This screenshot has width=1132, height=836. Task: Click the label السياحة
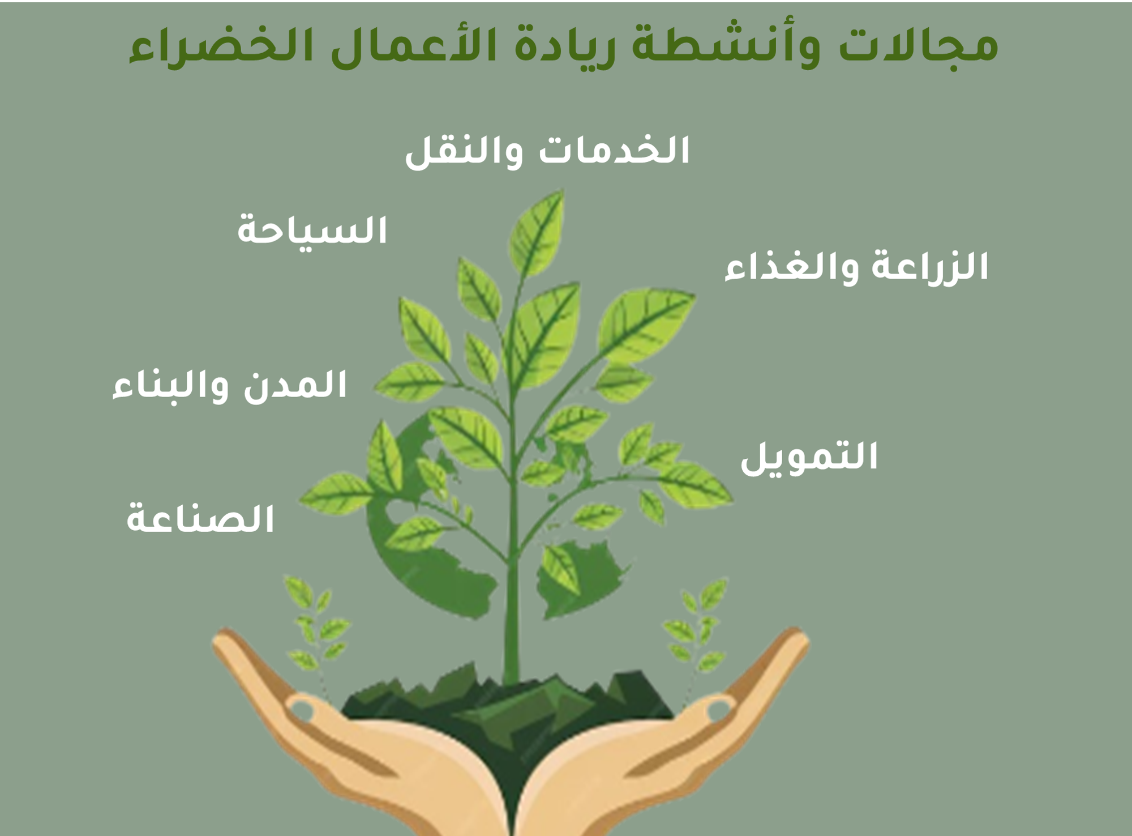[x=312, y=231]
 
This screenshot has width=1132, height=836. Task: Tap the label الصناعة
[x=200, y=518]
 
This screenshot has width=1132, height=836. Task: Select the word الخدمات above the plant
[x=614, y=150]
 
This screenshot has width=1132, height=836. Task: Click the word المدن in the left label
[x=295, y=386]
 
